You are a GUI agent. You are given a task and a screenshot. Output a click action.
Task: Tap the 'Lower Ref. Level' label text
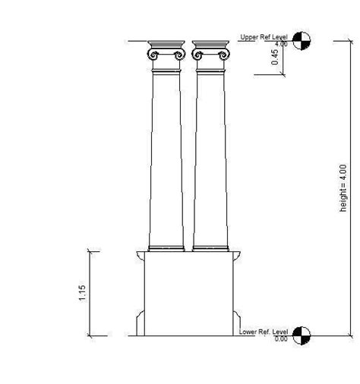(x=263, y=332)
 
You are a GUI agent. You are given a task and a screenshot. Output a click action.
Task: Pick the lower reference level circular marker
(x=302, y=334)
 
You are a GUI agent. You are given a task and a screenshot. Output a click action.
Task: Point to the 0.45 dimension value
(x=275, y=58)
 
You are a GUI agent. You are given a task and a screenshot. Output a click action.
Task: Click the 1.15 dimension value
(x=82, y=292)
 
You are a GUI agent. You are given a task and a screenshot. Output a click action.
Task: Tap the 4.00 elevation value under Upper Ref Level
(x=281, y=44)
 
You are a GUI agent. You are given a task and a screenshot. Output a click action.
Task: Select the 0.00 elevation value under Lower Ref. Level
(x=281, y=338)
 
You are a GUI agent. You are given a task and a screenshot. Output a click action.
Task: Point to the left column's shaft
(x=166, y=159)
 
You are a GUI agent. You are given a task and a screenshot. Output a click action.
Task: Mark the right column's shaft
(x=211, y=159)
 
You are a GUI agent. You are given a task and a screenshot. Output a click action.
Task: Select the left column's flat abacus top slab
(x=166, y=43)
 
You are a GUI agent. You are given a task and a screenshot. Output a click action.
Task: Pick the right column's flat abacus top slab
(x=211, y=43)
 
